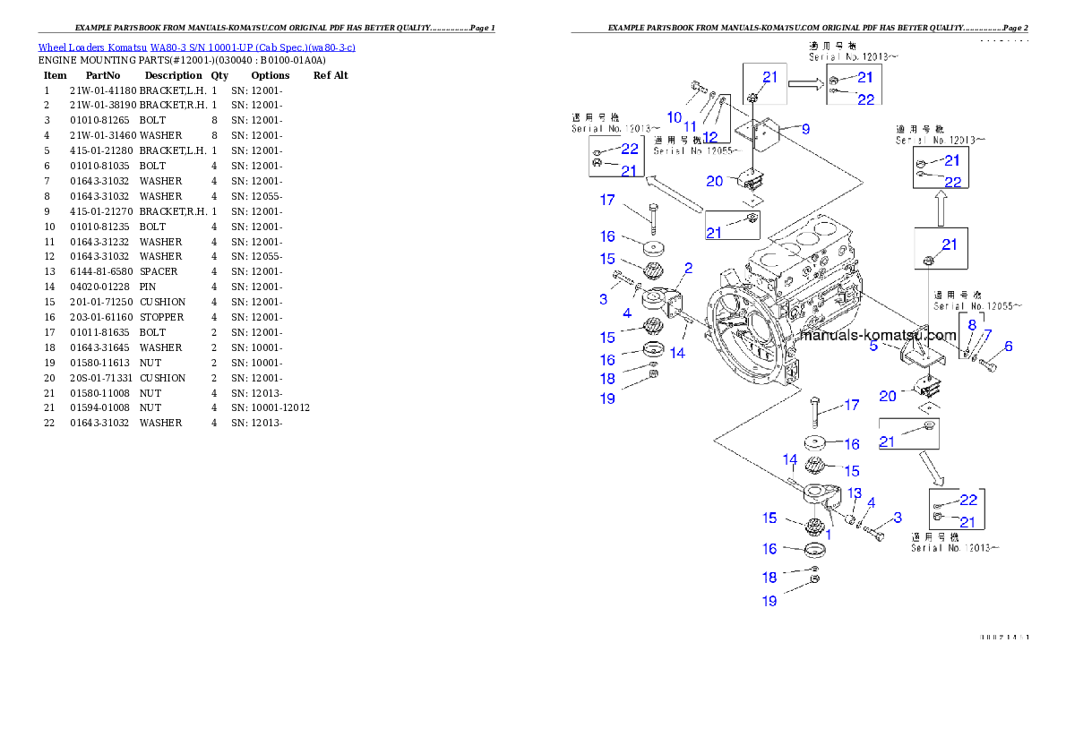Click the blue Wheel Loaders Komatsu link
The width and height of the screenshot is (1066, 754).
click(196, 47)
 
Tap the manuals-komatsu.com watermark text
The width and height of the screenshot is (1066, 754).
click(879, 336)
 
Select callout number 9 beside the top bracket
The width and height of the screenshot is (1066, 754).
click(805, 129)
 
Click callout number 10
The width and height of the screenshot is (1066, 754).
click(675, 117)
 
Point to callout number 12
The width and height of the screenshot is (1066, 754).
click(710, 137)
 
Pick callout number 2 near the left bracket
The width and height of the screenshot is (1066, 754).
click(689, 268)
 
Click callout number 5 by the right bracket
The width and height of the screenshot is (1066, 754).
click(873, 345)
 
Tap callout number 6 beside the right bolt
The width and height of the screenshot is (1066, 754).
click(1008, 347)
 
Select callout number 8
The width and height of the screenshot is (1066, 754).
click(972, 325)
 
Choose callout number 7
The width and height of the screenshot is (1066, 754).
click(987, 335)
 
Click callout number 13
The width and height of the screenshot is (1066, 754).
click(855, 493)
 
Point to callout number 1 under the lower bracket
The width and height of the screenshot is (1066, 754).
click(829, 534)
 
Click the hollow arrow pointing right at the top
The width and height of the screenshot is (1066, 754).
click(804, 85)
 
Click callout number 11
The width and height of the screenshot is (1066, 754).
click(690, 127)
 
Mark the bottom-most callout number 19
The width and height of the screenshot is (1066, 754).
click(769, 601)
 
